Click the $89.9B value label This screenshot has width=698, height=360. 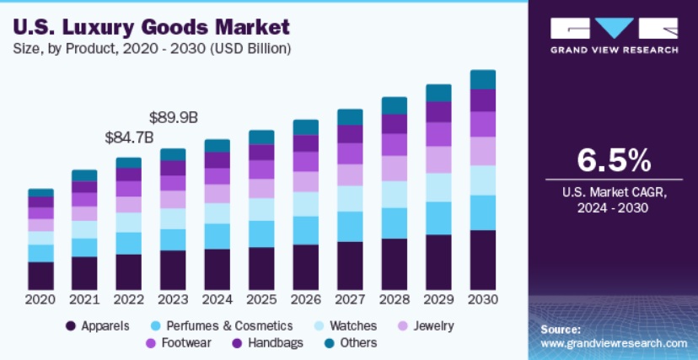click(x=174, y=116)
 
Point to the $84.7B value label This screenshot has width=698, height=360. click(x=129, y=136)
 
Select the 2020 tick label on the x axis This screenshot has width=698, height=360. click(x=40, y=299)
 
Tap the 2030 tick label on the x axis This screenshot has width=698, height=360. click(x=483, y=299)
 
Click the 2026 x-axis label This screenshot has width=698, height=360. click(x=306, y=299)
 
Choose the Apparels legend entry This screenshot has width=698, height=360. click(x=99, y=325)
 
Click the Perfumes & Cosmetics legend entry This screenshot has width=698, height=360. click(x=220, y=325)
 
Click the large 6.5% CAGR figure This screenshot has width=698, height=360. click(x=613, y=159)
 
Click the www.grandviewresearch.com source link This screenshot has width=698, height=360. click(x=613, y=344)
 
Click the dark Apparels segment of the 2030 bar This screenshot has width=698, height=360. click(x=483, y=260)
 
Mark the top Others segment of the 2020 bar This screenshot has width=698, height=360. click(x=40, y=193)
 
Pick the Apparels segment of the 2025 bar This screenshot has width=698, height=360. click(x=261, y=268)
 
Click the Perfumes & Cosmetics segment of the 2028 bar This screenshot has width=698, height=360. click(x=395, y=223)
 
